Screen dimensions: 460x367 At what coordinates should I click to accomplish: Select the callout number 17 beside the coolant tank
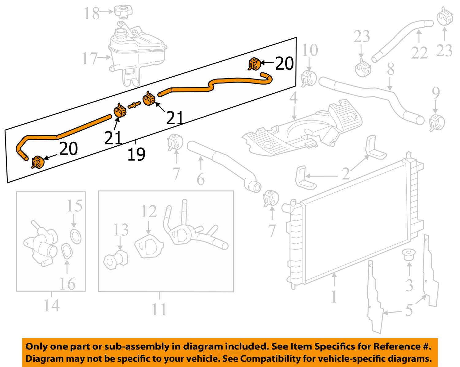tap(90, 58)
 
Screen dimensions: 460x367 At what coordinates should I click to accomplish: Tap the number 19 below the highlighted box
tap(136, 154)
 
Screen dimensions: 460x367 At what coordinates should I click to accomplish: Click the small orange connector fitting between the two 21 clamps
tap(134, 105)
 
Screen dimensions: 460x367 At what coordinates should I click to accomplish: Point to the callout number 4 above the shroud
tap(293, 98)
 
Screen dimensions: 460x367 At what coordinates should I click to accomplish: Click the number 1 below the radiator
tap(334, 296)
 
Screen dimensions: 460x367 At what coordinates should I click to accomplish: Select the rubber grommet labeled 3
tap(408, 254)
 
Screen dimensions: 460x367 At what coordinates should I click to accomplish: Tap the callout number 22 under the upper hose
tap(419, 52)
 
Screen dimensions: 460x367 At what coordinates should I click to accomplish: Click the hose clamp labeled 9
tap(437, 123)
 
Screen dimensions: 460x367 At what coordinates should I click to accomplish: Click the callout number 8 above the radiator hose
tap(390, 69)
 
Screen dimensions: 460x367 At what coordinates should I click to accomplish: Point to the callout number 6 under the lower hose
tap(201, 179)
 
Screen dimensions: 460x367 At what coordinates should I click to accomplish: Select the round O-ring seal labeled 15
tap(76, 236)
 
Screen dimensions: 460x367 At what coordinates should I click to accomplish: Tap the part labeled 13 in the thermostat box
tap(116, 259)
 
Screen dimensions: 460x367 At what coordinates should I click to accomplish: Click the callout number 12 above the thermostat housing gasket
tap(149, 211)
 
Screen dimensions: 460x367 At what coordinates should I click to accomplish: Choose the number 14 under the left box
tap(52, 305)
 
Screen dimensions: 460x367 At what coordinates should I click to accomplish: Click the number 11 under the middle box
tap(159, 310)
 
